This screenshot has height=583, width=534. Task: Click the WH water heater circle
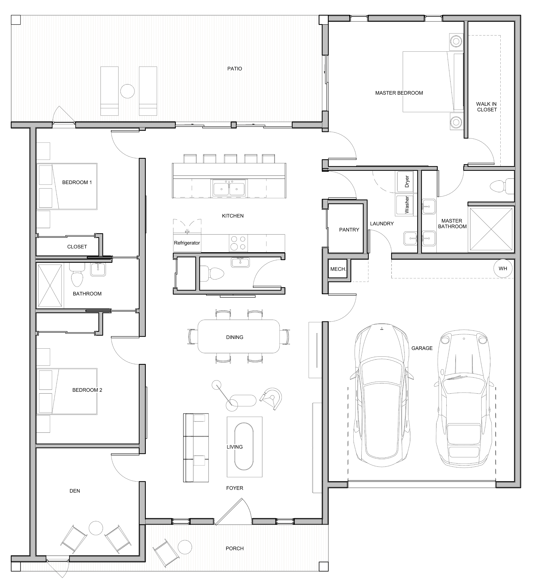point(503,268)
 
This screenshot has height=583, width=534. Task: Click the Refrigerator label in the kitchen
point(187,243)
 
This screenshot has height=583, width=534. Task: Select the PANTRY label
point(349,230)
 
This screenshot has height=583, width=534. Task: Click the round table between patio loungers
point(127,91)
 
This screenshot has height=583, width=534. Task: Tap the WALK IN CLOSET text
point(487,107)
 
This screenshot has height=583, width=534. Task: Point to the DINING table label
point(235,337)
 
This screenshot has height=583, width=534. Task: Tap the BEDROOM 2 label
point(87,390)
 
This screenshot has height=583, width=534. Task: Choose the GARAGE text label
point(422,348)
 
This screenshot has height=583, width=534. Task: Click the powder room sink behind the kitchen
point(240,262)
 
